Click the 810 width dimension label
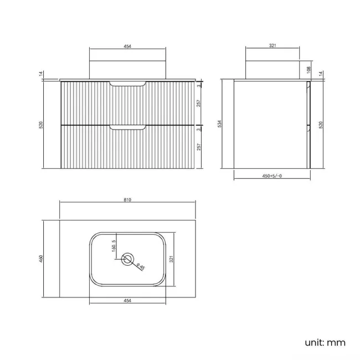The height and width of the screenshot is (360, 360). coord(127,199)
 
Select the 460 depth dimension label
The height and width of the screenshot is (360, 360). coord(40,259)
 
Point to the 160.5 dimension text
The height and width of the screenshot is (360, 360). coord(114,245)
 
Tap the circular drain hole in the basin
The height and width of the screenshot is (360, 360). coord(128,259)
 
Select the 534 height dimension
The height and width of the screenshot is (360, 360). coord(220,124)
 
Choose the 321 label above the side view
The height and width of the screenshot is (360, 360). coord(272,47)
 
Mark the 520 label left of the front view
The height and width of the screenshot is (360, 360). coord(40,125)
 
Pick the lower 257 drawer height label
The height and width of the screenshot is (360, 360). coord(198,147)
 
